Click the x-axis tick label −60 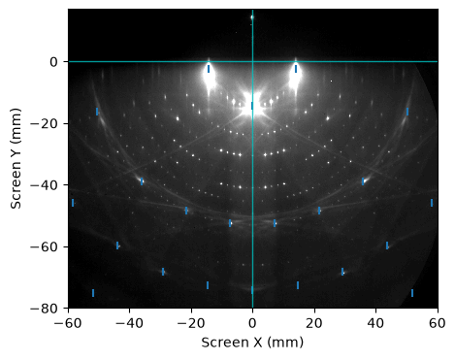pos(68,323)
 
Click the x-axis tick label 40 pos(376,323)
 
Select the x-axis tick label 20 pos(314,323)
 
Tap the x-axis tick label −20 pos(191,323)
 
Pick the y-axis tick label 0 pos(54,62)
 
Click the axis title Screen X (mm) pos(252,343)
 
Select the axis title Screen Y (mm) pos(16,158)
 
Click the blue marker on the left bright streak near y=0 pos(209,69)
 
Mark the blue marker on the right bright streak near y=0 pos(296,69)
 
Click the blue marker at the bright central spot pos(252,106)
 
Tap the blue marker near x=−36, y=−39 pos(142,181)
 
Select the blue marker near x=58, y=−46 pos(432,203)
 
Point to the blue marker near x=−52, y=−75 pos(93,293)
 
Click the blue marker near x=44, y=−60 pos(387,245)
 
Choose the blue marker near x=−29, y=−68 pos(163,272)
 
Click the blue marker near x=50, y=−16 pos(407,112)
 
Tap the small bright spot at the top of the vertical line pos(252,17)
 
